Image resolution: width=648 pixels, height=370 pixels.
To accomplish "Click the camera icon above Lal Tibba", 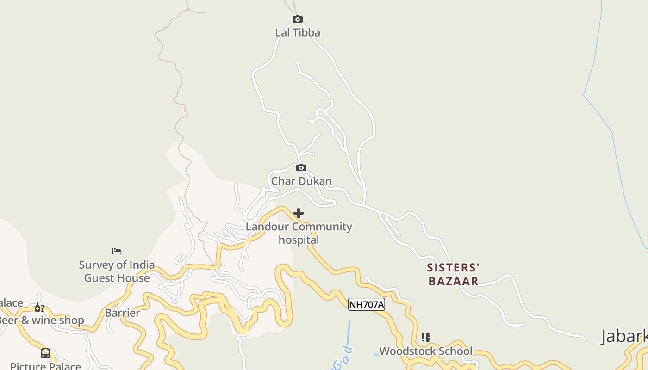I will pyautogui.click(x=298, y=19).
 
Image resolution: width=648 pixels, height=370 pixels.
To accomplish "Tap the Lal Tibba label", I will pyautogui.click(x=298, y=32).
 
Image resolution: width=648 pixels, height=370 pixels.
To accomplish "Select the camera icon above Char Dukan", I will pyautogui.click(x=301, y=167).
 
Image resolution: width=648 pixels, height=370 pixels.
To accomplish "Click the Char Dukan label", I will pyautogui.click(x=301, y=181).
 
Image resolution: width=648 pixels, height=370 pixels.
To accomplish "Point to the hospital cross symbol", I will pyautogui.click(x=299, y=213).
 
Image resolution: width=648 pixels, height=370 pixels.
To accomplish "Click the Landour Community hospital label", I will pyautogui.click(x=299, y=233).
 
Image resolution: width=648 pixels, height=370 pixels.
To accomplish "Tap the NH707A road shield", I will pyautogui.click(x=366, y=304).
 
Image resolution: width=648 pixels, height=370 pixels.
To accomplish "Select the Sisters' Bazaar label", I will pyautogui.click(x=453, y=274).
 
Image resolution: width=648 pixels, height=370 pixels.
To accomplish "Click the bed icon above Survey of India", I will pyautogui.click(x=117, y=251).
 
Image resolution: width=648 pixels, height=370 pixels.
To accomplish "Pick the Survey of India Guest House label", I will pyautogui.click(x=117, y=271).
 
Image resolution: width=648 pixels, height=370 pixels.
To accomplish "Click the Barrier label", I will pyautogui.click(x=122, y=313).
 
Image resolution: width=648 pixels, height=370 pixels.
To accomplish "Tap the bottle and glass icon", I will pyautogui.click(x=39, y=308).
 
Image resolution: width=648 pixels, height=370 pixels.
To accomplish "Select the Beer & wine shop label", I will pyautogui.click(x=42, y=320).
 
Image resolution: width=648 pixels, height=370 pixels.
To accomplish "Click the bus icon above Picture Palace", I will pyautogui.click(x=45, y=353).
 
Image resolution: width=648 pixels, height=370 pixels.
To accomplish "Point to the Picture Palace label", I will pyautogui.click(x=45, y=366).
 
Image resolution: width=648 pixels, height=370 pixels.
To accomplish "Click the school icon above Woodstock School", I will pyautogui.click(x=426, y=338).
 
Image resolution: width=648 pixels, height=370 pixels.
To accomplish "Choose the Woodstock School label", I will pyautogui.click(x=426, y=351).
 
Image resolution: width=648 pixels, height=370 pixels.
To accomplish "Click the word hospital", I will pyautogui.click(x=299, y=240).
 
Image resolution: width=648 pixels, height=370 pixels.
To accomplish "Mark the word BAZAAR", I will pyautogui.click(x=453, y=281).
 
